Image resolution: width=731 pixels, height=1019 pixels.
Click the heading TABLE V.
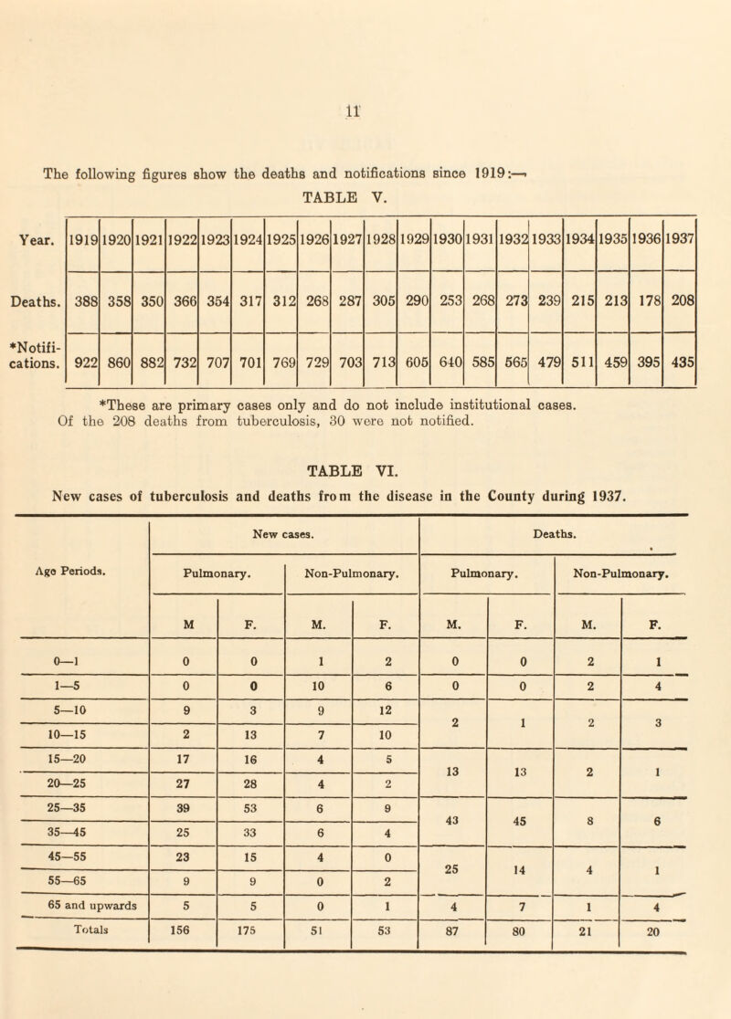tap(365, 194)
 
